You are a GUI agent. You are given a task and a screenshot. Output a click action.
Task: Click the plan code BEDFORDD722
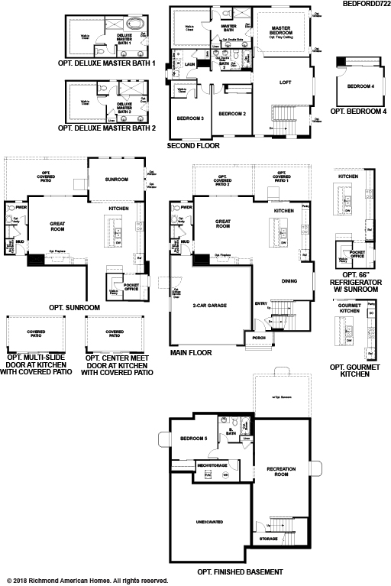(362, 4)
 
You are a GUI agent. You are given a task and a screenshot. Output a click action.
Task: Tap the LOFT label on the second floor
(286, 82)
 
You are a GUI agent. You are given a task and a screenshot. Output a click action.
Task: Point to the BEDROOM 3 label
(190, 119)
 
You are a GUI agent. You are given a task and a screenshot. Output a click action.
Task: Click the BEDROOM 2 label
(231, 114)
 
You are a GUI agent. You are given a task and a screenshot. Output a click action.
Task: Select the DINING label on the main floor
(289, 280)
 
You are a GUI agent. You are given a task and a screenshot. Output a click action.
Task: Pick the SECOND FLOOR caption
(192, 144)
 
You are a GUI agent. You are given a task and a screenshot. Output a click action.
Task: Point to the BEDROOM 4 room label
(360, 87)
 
